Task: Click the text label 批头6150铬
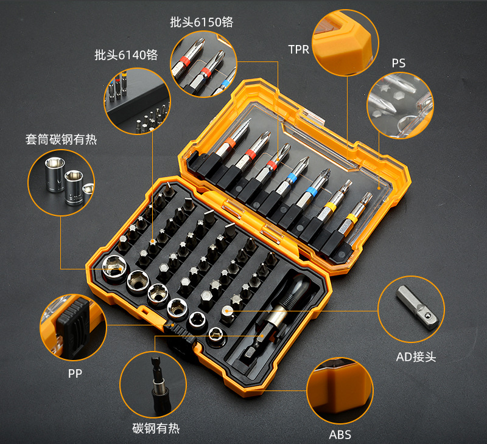pyautogui.click(x=201, y=22)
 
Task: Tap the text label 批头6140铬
pyautogui.click(x=126, y=55)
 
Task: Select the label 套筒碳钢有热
pyautogui.click(x=61, y=139)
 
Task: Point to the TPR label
pyautogui.click(x=298, y=49)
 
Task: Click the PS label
pyautogui.click(x=399, y=63)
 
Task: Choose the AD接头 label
pyautogui.click(x=416, y=357)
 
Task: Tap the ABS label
pyautogui.click(x=340, y=435)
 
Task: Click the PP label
pyautogui.click(x=75, y=373)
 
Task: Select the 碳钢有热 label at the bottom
pyautogui.click(x=156, y=428)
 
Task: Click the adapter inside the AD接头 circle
pyautogui.click(x=418, y=307)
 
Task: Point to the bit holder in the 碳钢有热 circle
pyautogui.click(x=160, y=385)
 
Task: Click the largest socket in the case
pyautogui.click(x=114, y=266)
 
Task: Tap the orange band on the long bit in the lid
pyautogui.click(x=230, y=143)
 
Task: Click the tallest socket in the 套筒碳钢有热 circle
pyautogui.click(x=55, y=175)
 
